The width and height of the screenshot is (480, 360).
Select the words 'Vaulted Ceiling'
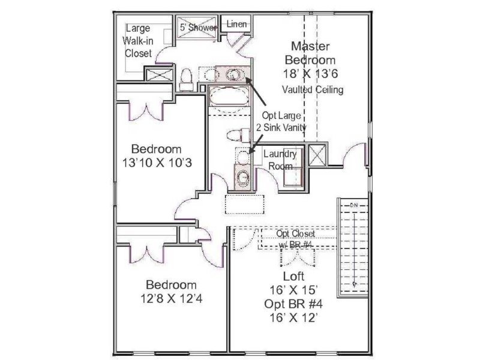pyautogui.click(x=312, y=90)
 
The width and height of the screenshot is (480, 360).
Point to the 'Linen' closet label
pyautogui.click(x=236, y=24)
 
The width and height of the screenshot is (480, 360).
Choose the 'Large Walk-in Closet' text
pyautogui.click(x=137, y=40)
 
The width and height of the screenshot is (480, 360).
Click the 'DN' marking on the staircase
pyautogui.click(x=353, y=205)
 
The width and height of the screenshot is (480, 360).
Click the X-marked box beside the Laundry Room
pyautogui.click(x=316, y=155)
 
